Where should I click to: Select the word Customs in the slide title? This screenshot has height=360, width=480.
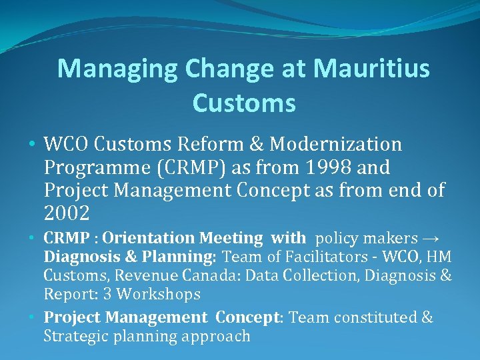click(x=243, y=103)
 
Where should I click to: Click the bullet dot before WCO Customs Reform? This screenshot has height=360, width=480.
click(x=33, y=145)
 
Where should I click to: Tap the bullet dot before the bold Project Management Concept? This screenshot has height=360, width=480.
click(x=33, y=317)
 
